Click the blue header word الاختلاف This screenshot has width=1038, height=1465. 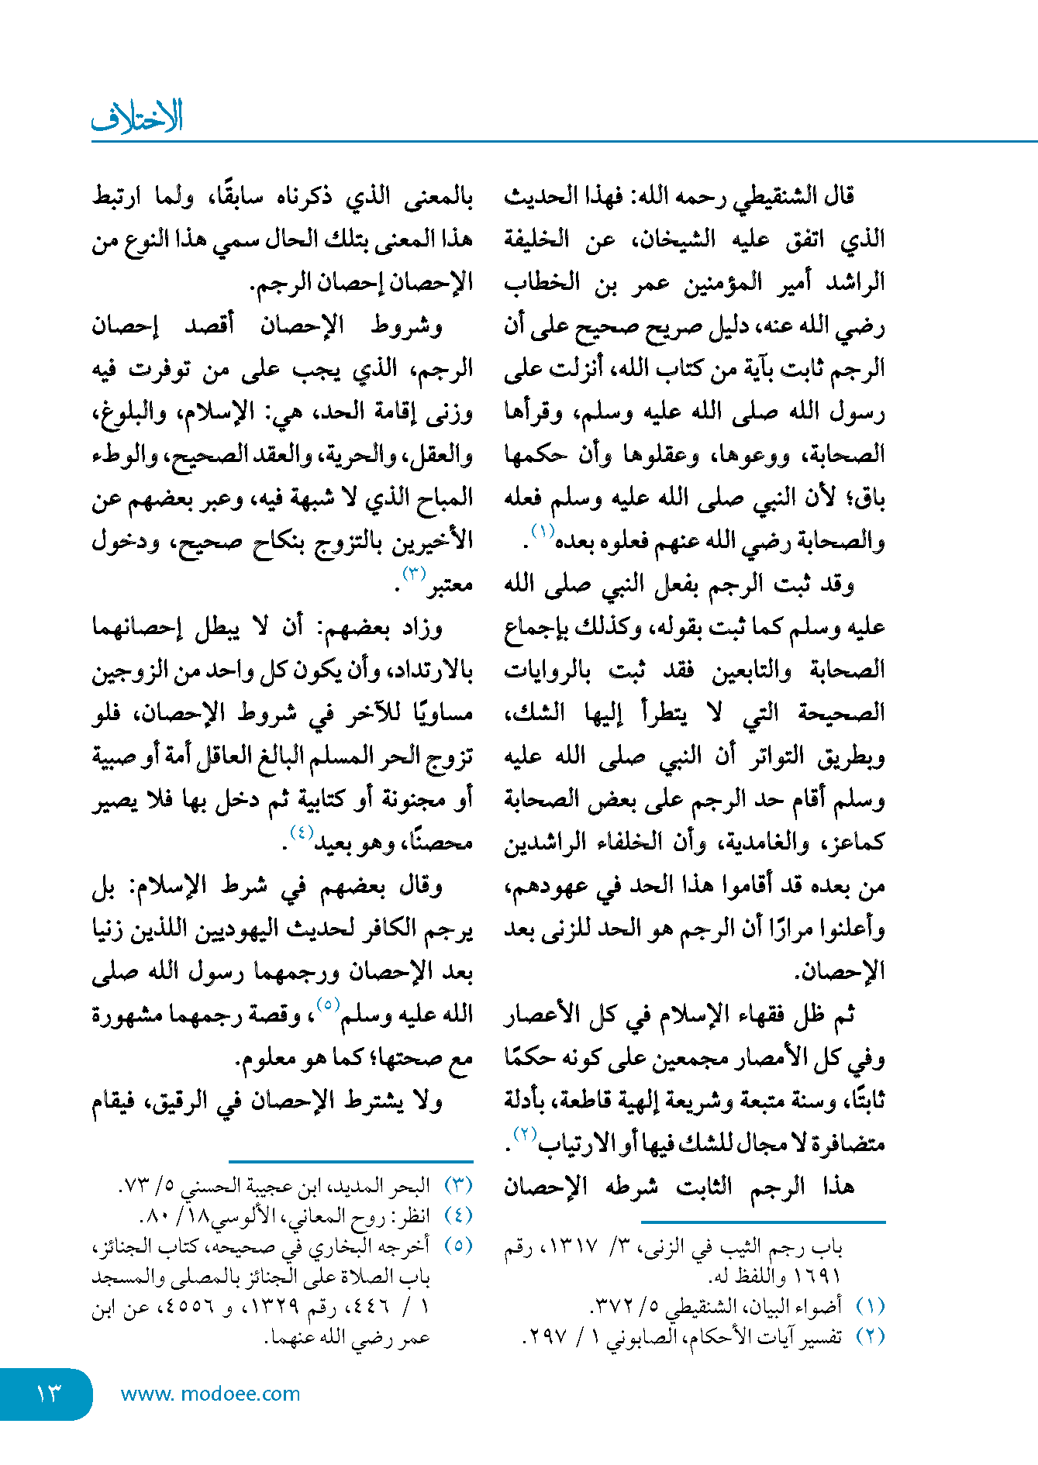tap(138, 117)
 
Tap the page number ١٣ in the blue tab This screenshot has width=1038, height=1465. tap(47, 1394)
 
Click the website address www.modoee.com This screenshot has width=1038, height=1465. tap(210, 1394)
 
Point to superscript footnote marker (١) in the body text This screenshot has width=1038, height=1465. tap(541, 530)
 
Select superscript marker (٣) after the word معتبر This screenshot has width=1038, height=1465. tap(414, 574)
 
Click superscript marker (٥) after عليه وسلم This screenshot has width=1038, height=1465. tap(329, 1005)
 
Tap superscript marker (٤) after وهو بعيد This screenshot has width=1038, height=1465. tap(301, 832)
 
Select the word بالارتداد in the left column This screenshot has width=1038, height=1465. tap(433, 670)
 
